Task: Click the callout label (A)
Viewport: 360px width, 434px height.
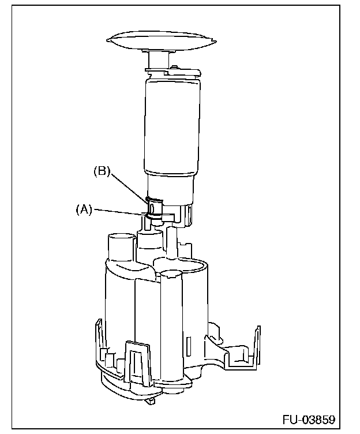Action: tap(84, 211)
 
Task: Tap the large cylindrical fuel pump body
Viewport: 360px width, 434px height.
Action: tap(171, 127)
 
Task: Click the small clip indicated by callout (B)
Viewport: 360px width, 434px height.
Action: tap(153, 205)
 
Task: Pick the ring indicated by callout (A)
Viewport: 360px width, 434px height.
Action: tap(153, 217)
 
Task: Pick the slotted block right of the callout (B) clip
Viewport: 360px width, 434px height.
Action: tap(185, 213)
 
